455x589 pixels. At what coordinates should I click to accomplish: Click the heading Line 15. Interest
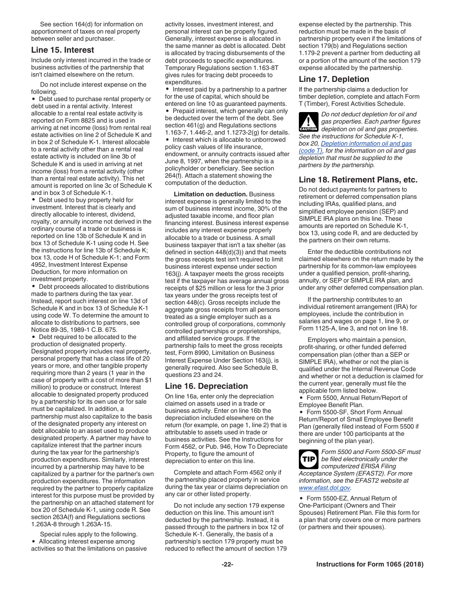[62, 50]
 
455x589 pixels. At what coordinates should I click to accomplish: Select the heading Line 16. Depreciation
[206, 386]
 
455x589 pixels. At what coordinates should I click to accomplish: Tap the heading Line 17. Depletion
[334, 79]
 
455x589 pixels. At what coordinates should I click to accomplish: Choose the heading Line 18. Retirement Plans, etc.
[358, 180]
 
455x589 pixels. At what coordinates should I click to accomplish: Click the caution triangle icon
[308, 122]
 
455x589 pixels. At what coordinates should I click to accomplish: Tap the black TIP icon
[308, 459]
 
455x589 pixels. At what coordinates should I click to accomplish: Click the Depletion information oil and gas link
[366, 143]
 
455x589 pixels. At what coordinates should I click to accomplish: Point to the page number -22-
[227, 565]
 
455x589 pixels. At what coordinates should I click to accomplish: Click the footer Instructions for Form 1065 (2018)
[370, 565]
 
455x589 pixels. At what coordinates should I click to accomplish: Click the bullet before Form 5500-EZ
[301, 498]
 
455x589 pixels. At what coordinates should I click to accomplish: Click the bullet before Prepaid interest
[168, 111]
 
